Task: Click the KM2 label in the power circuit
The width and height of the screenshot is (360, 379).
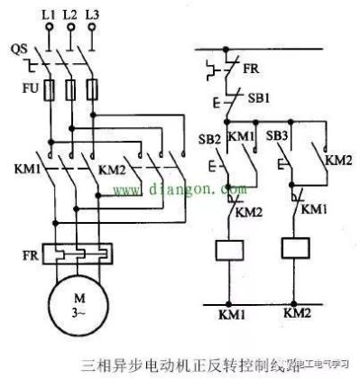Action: tap(110, 169)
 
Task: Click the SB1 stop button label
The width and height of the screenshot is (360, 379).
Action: tap(255, 97)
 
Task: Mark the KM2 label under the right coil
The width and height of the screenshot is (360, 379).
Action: tap(298, 312)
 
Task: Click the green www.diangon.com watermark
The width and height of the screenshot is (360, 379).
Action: tap(171, 191)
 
